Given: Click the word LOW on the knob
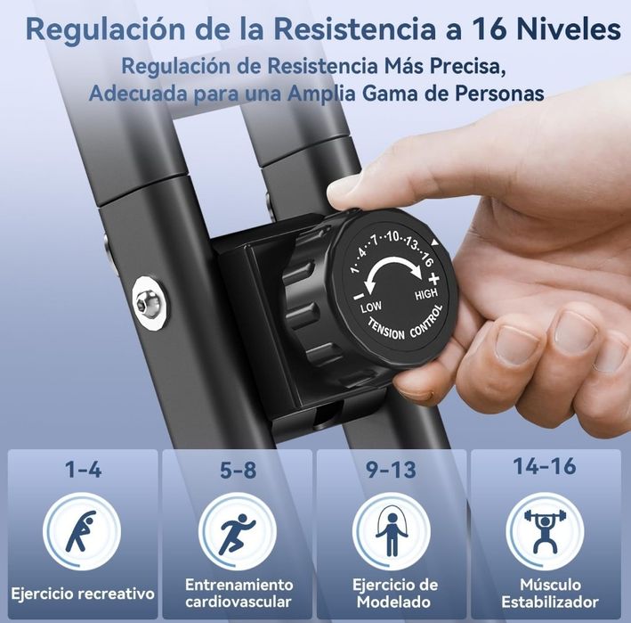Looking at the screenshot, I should [370, 308].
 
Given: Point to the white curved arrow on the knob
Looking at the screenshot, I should [396, 276].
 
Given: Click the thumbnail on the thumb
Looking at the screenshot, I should [348, 184].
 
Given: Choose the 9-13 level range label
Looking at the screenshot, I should [393, 470].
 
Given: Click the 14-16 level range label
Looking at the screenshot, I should [545, 466].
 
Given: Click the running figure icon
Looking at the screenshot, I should [237, 532].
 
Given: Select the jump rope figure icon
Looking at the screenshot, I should [392, 532].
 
